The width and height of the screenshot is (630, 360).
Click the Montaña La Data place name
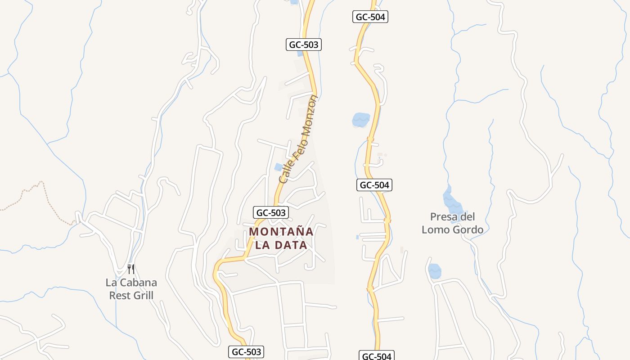(281, 238)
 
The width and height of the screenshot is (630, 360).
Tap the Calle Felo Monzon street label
(298, 139)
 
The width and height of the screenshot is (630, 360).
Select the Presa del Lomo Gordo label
(452, 223)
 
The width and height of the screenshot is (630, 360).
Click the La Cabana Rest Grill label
(131, 289)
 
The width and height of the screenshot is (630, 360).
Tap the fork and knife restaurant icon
(131, 269)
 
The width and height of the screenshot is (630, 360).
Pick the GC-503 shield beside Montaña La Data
(270, 213)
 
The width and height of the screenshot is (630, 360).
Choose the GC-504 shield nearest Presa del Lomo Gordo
(374, 185)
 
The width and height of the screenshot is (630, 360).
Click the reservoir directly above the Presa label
(452, 201)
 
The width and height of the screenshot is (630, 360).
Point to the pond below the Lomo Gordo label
(435, 271)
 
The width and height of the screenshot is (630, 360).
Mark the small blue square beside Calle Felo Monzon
(279, 167)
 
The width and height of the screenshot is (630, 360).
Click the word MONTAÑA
(281, 232)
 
